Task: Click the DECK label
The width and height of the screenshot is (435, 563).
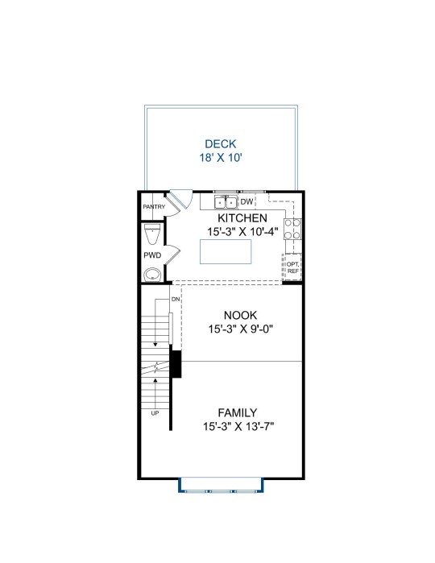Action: tap(220, 144)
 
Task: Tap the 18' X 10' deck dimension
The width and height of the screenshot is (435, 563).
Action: tap(221, 157)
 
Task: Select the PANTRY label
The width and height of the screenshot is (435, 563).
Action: tap(154, 207)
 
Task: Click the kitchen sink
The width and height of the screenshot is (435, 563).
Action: tap(226, 202)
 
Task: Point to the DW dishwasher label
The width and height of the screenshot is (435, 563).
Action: tap(246, 202)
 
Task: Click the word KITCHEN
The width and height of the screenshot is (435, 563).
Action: tap(242, 218)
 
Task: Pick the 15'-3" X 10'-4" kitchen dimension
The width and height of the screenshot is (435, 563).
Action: tap(242, 232)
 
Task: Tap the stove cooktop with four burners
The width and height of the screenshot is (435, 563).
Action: tap(292, 229)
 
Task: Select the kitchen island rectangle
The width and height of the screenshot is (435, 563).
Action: tap(226, 251)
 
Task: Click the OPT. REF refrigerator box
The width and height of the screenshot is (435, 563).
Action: tap(292, 267)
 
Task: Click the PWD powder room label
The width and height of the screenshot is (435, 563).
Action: tap(152, 255)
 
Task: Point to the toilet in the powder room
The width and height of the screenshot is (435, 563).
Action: tap(152, 234)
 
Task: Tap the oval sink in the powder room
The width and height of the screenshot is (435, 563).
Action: tap(153, 275)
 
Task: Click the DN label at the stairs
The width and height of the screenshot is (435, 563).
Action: tap(176, 299)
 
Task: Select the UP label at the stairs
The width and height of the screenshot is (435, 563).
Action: tap(155, 413)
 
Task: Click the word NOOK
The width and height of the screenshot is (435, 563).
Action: tap(240, 315)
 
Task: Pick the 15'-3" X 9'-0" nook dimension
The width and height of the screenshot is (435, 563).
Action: tap(241, 329)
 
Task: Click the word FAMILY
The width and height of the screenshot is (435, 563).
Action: tap(238, 412)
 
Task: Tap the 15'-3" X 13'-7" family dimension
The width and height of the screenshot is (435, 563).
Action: tap(238, 427)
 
